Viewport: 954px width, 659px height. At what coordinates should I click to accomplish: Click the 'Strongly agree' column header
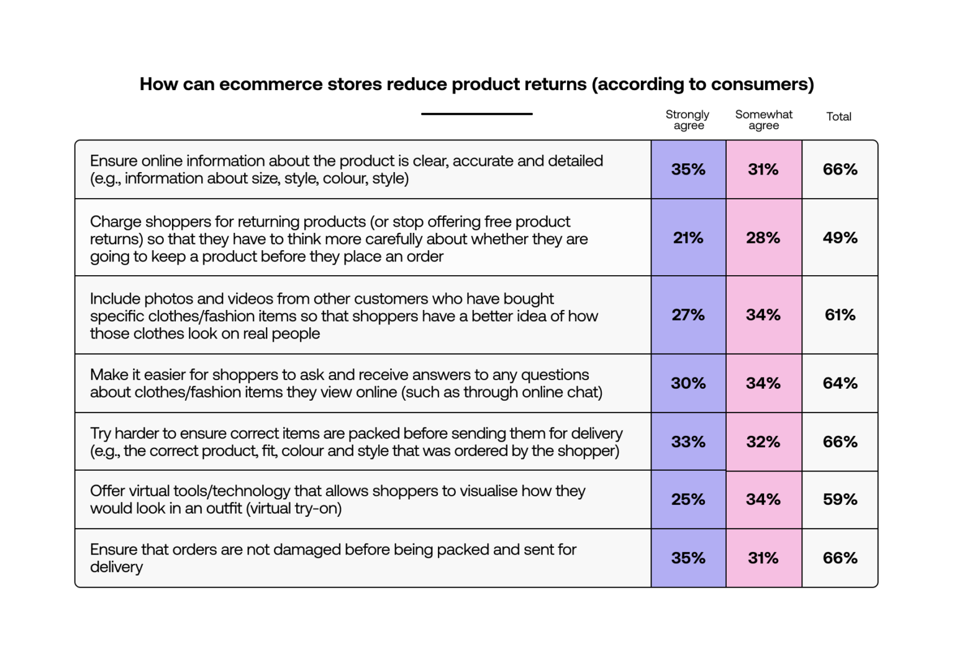coord(688,120)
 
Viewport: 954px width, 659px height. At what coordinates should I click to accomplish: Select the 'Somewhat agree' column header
coord(763,120)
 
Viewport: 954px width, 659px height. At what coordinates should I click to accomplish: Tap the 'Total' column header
coord(838,117)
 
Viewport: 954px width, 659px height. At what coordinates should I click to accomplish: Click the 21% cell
coord(688,238)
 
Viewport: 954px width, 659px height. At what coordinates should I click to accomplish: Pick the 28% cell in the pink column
coord(763,238)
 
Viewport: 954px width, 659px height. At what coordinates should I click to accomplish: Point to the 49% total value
coord(840,238)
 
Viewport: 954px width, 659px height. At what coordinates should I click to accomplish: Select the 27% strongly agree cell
coord(688,315)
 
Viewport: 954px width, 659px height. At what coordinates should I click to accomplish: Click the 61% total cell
coord(840,315)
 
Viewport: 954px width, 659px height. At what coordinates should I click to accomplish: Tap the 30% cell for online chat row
coord(688,383)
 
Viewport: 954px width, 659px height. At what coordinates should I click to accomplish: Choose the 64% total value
coord(840,383)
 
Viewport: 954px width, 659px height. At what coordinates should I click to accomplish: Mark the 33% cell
coord(688,442)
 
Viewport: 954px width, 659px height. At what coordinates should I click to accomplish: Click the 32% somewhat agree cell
coord(763,442)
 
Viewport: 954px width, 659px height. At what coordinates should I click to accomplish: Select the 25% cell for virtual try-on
coord(688,499)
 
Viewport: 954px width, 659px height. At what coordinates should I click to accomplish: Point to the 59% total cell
coord(840,499)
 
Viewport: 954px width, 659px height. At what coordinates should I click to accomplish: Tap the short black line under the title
coord(476,114)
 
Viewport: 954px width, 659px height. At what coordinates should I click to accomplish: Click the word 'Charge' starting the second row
coord(114,222)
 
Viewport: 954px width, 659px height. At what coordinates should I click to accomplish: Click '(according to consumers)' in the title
coord(702,84)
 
